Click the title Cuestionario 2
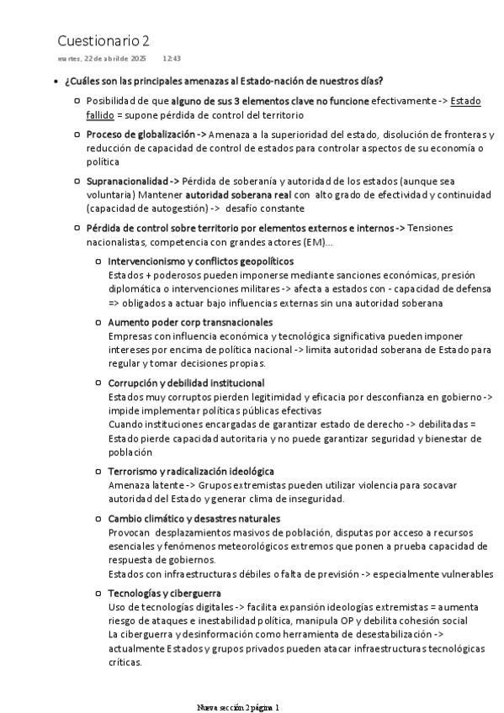(x=104, y=40)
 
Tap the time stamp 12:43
(x=172, y=59)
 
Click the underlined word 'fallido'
(x=100, y=114)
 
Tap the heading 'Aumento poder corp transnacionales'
(x=190, y=322)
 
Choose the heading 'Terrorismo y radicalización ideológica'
(x=191, y=472)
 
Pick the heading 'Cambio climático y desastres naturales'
(x=194, y=518)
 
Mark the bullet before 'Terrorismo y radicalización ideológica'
(x=100, y=472)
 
